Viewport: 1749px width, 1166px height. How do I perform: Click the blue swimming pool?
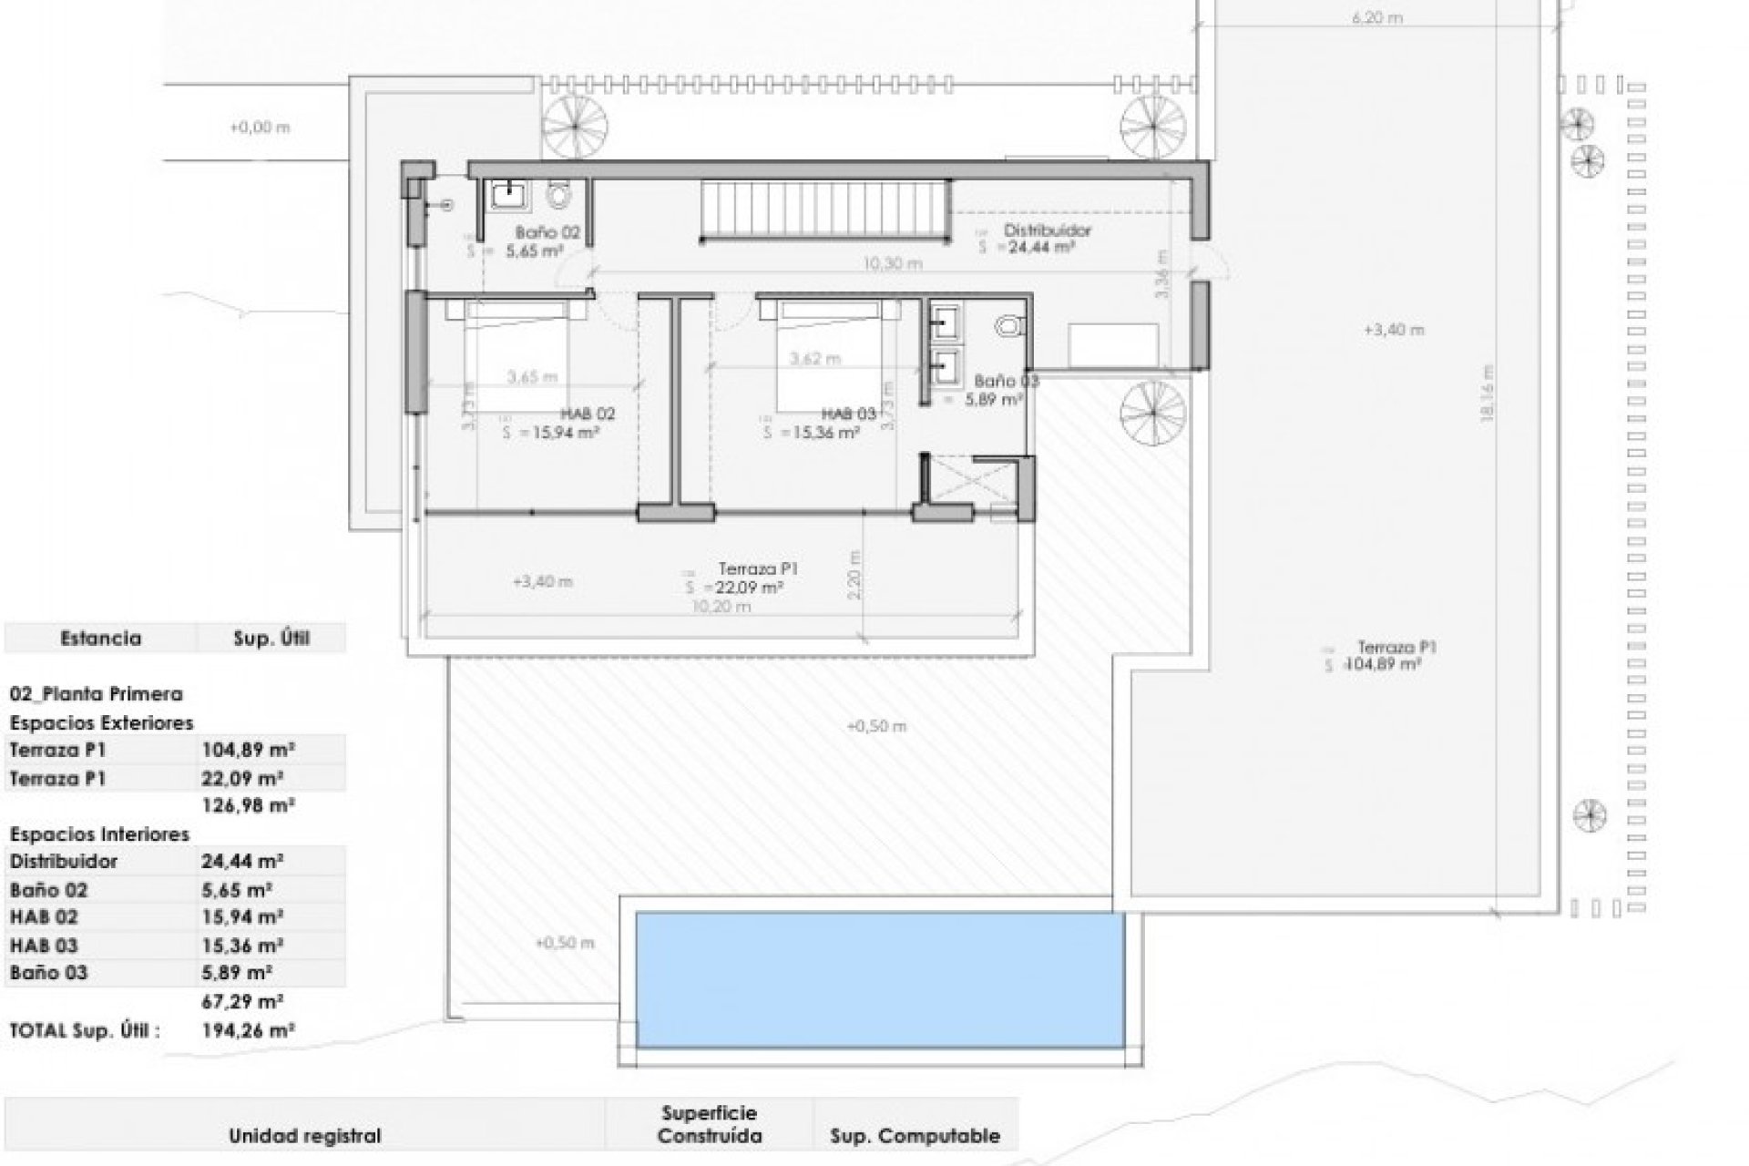click(x=880, y=980)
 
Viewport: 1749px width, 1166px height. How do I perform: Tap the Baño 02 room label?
click(x=547, y=232)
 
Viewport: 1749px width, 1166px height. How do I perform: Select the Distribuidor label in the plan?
click(x=1047, y=230)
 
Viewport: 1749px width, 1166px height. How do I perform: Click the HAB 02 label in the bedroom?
click(x=588, y=414)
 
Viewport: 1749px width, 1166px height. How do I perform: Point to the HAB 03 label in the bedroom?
click(x=848, y=414)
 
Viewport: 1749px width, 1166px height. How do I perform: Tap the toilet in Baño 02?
click(x=558, y=194)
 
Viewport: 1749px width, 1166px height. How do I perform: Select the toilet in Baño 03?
click(x=1009, y=325)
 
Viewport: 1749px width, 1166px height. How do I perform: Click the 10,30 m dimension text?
click(x=893, y=263)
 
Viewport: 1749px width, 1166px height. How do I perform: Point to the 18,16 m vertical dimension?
click(x=1488, y=393)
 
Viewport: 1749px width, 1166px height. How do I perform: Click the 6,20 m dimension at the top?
click(x=1377, y=17)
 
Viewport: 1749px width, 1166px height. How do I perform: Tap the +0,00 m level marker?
click(x=260, y=128)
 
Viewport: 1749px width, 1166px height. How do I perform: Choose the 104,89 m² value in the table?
click(x=247, y=751)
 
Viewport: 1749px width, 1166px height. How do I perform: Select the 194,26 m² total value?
click(x=247, y=1030)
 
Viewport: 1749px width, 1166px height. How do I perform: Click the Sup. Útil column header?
click(x=271, y=639)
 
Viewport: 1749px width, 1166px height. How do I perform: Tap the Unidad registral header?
click(x=304, y=1135)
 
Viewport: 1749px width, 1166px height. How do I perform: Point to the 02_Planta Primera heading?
click(x=96, y=694)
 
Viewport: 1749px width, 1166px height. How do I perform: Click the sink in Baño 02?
click(x=506, y=194)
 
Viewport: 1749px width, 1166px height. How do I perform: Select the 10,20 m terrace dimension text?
click(x=721, y=607)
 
